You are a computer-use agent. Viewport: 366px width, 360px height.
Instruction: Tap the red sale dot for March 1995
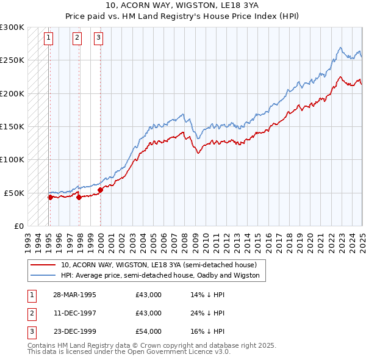pos(51,196)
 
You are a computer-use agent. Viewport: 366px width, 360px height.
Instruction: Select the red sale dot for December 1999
pos(100,189)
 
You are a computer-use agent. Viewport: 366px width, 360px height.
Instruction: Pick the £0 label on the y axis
pos(18,226)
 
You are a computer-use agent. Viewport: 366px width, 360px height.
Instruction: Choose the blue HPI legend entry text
pos(160,275)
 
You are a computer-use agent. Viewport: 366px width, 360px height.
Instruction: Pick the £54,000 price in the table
pos(149,332)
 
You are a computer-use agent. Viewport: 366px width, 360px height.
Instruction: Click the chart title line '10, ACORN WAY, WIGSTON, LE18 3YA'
pos(183,5)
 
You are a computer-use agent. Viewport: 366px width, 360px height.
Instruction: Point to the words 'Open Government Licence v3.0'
pos(179,352)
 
